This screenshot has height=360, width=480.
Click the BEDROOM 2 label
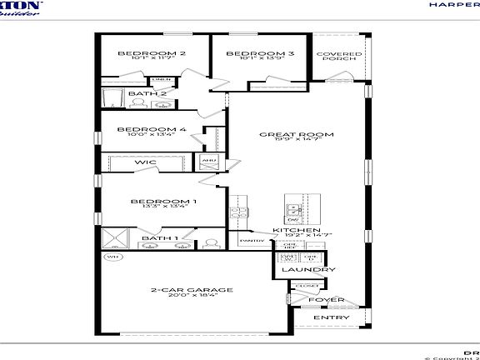click(151, 53)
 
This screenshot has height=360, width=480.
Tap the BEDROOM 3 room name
click(248, 53)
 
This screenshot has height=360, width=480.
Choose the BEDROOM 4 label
click(151, 129)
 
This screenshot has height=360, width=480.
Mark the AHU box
click(207, 159)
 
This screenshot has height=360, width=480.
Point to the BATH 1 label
click(158, 238)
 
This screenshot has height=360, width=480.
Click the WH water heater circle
click(109, 257)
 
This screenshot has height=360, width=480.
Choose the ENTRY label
click(326, 317)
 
